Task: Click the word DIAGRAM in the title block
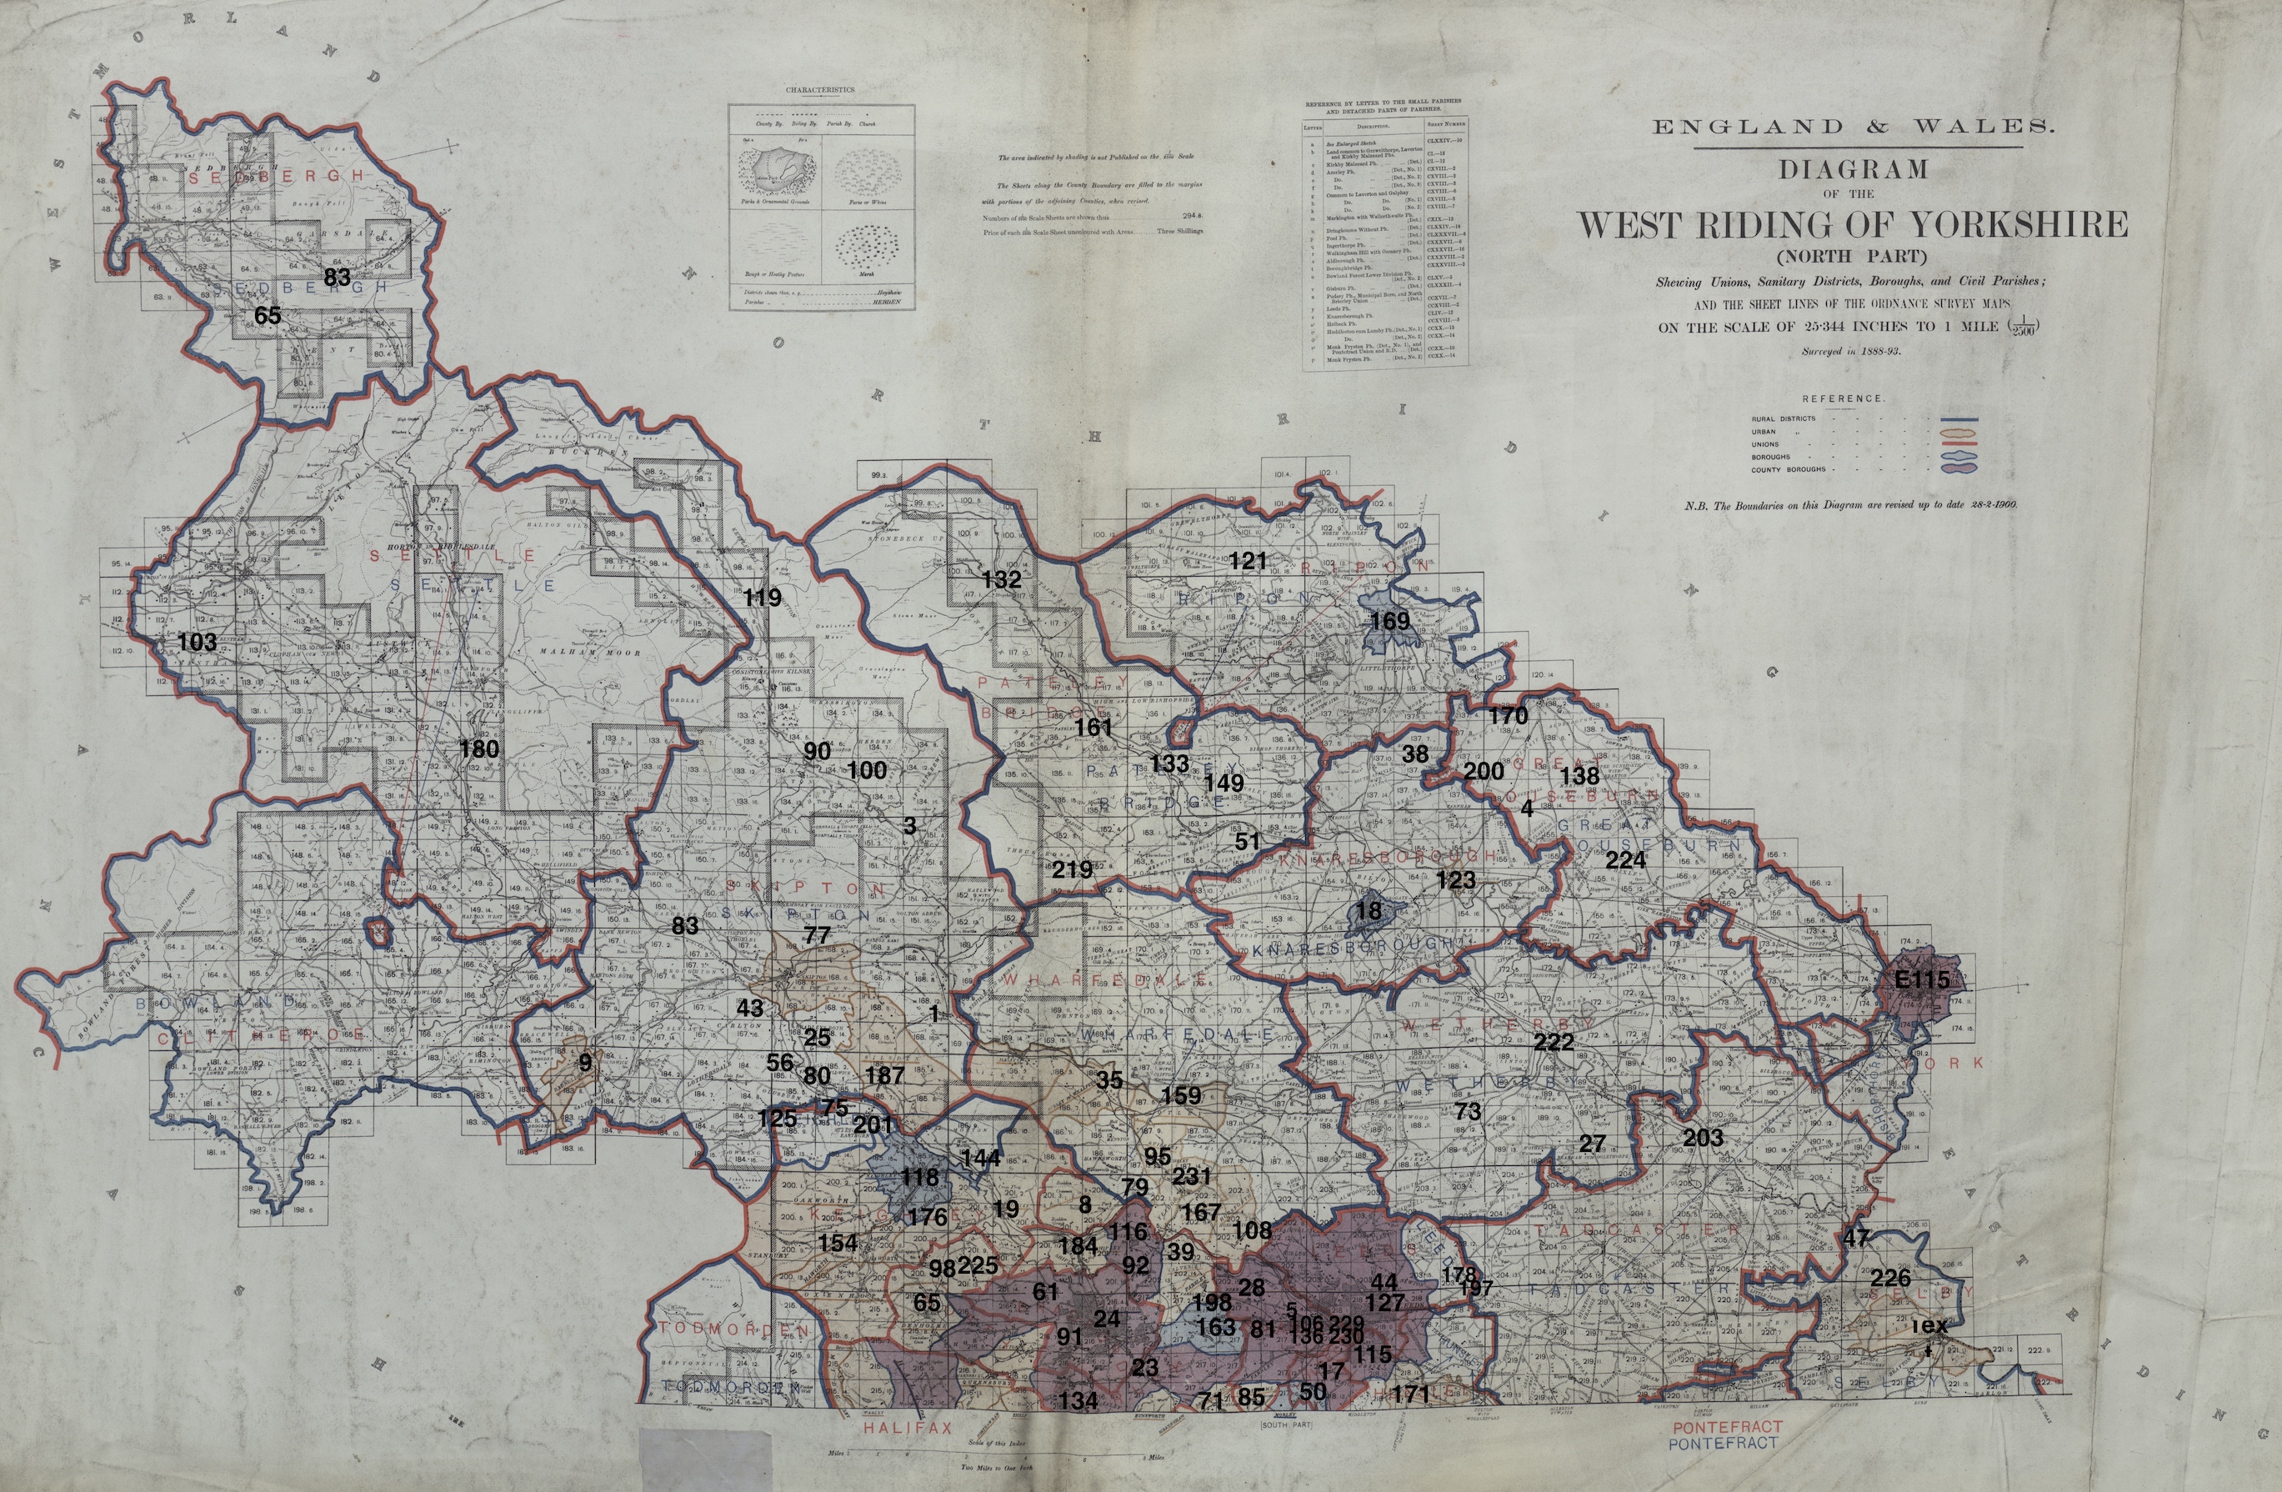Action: tap(1853, 170)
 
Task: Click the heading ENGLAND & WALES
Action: tap(1853, 127)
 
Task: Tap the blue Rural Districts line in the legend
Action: tap(1959, 419)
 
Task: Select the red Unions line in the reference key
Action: tap(1959, 445)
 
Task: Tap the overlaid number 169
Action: tap(1389, 620)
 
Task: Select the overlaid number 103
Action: tap(198, 642)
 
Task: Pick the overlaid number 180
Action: tap(479, 749)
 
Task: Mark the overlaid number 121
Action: tap(1249, 561)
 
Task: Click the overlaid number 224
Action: tap(1625, 860)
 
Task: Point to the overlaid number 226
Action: tap(1889, 1278)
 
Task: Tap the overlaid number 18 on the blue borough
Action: tap(1369, 910)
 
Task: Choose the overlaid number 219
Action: tap(1071, 869)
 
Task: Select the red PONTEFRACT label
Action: tap(1726, 1427)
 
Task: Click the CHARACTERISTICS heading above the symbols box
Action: tap(820, 90)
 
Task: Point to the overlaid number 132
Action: tap(1001, 579)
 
